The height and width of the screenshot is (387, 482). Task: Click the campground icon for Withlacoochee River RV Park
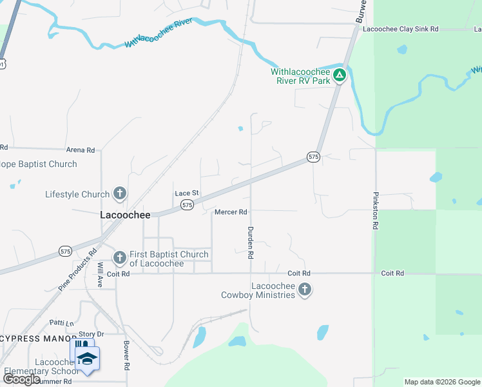click(x=340, y=75)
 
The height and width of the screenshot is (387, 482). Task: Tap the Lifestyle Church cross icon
click(x=119, y=193)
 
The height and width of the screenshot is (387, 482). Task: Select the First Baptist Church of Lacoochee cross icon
click(x=119, y=258)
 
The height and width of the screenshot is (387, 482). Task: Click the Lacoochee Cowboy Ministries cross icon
click(x=305, y=290)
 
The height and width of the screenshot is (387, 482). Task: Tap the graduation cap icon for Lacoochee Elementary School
click(x=87, y=359)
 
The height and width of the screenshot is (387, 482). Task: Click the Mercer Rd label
click(x=231, y=212)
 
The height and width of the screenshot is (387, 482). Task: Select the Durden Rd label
click(x=250, y=243)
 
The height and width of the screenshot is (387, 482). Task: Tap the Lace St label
click(x=187, y=193)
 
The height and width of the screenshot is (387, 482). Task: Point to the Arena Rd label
click(x=81, y=150)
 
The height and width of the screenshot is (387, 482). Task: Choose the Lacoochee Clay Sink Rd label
click(x=400, y=29)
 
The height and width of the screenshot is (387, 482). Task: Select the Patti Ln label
click(x=62, y=322)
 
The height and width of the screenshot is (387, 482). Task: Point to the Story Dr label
click(x=91, y=334)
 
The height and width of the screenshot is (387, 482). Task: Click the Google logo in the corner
click(x=22, y=379)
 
